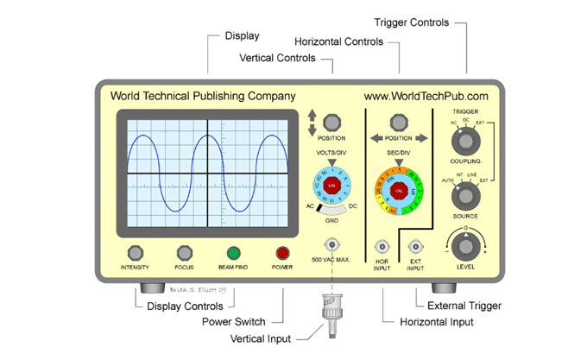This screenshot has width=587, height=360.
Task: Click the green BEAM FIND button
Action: [x=233, y=253]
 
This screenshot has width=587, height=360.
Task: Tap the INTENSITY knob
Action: [x=134, y=253]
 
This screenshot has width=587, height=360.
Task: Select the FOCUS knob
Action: [x=184, y=253]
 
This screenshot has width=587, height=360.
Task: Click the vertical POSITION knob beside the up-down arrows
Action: [x=331, y=120]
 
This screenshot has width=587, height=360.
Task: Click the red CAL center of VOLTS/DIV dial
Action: [x=332, y=186]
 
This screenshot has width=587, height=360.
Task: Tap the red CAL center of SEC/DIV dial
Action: [x=398, y=190]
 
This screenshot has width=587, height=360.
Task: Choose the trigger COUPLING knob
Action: [x=465, y=140]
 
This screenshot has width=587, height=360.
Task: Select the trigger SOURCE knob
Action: [x=465, y=196]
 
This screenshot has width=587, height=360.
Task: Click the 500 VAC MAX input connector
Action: [x=332, y=245]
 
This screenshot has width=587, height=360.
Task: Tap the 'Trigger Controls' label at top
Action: [x=411, y=22]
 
